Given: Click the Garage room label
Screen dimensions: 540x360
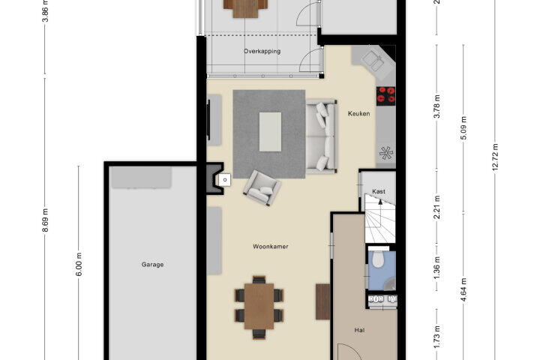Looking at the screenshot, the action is pyautogui.click(x=152, y=265).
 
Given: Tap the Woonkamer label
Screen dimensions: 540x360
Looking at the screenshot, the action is pyautogui.click(x=270, y=246).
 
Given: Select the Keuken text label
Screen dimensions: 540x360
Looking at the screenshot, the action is pyautogui.click(x=358, y=113).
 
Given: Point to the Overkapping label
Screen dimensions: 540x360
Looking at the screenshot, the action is pyautogui.click(x=262, y=51).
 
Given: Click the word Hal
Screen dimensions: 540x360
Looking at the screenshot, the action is pyautogui.click(x=359, y=330).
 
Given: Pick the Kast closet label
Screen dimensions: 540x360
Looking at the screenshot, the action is pyautogui.click(x=379, y=191).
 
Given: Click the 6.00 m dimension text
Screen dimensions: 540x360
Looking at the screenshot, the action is pyautogui.click(x=79, y=264).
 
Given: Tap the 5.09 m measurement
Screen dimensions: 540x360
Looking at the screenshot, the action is pyautogui.click(x=463, y=127).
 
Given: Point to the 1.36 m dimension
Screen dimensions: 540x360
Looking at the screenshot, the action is pyautogui.click(x=437, y=268).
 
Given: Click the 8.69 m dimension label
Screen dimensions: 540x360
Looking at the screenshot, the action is pyautogui.click(x=45, y=220).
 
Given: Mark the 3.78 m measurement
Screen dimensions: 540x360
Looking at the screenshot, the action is pyautogui.click(x=437, y=106).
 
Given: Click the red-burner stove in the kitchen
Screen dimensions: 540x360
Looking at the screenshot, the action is pyautogui.click(x=385, y=95).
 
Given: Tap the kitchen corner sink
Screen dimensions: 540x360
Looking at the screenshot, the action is pyautogui.click(x=372, y=61).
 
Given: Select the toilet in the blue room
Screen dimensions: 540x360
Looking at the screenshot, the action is pyautogui.click(x=378, y=259).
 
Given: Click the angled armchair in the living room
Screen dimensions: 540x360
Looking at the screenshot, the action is pyautogui.click(x=262, y=187).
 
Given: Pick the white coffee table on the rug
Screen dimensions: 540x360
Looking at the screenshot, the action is pyautogui.click(x=270, y=131).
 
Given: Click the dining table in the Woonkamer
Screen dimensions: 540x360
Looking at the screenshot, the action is pyautogui.click(x=259, y=306).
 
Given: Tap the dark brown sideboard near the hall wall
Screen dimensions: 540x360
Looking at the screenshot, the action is pyautogui.click(x=322, y=301).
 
